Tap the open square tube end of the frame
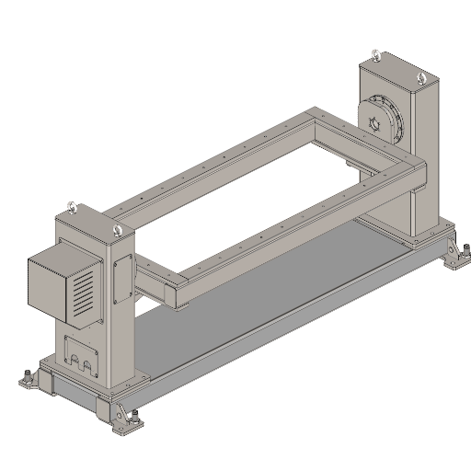[174, 292]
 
